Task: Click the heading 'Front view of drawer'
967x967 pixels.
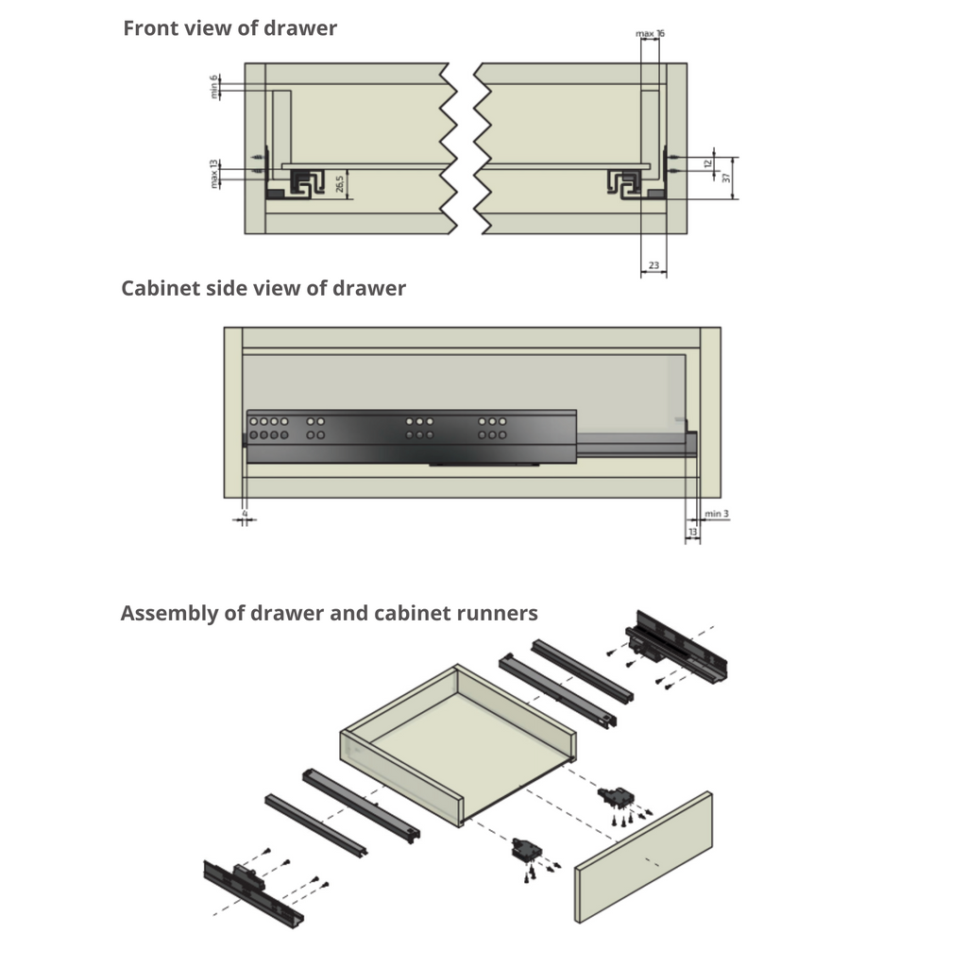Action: pyautogui.click(x=229, y=28)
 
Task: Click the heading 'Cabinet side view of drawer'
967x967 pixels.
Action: pyautogui.click(x=263, y=288)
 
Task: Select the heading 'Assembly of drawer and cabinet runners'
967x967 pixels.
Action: pyautogui.click(x=329, y=613)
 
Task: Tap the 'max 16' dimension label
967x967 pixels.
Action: pyautogui.click(x=650, y=33)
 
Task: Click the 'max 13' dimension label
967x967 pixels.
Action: pyautogui.click(x=214, y=173)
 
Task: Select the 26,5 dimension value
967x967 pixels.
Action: pyautogui.click(x=339, y=183)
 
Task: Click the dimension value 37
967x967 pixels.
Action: pyautogui.click(x=727, y=178)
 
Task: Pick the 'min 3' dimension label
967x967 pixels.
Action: pyautogui.click(x=717, y=514)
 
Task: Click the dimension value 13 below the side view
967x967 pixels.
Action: pyautogui.click(x=693, y=534)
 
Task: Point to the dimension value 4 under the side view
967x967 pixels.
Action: pyautogui.click(x=244, y=514)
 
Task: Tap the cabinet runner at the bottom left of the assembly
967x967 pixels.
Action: pyautogui.click(x=253, y=894)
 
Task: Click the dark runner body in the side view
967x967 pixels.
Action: pyautogui.click(x=411, y=436)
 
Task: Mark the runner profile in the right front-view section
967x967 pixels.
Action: pyautogui.click(x=625, y=183)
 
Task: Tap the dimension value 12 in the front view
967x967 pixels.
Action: pyautogui.click(x=707, y=163)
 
